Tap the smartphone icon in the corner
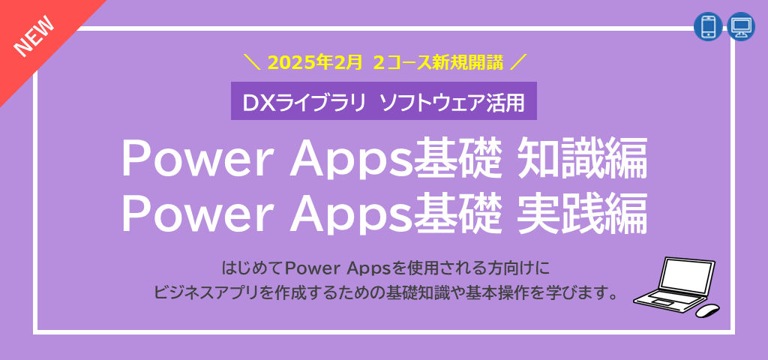pos(708,26)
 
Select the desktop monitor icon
pos(742,26)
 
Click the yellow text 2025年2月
pos(315,62)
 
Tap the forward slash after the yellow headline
pos(517,62)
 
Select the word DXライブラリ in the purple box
pos(304,101)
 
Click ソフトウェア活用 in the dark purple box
pos(452,101)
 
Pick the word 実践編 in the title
pos(582,214)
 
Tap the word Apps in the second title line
pos(351,217)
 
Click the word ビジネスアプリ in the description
pos(205,294)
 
